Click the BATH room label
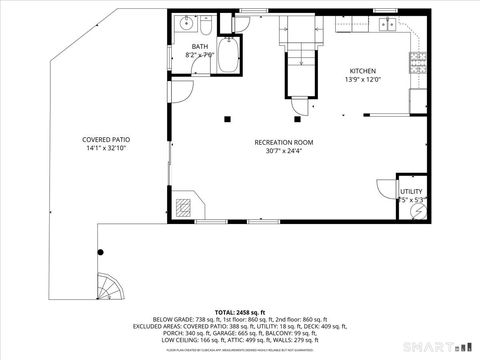[x=200, y=46]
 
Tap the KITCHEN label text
[x=361, y=70]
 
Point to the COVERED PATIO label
[x=107, y=139]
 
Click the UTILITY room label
[x=411, y=190]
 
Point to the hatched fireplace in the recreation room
[x=184, y=208]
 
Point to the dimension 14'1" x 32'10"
[x=107, y=148]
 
